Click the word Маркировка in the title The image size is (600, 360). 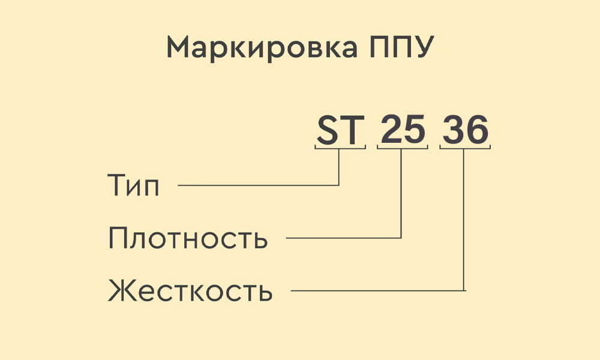coord(262,48)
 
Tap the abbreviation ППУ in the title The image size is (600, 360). coord(402,47)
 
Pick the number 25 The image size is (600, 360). coord(403,130)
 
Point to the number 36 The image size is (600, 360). coord(466,130)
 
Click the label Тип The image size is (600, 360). coord(133,185)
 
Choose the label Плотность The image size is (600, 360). coord(187,238)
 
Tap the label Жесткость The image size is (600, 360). coord(190,290)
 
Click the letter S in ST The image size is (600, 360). coord(328,130)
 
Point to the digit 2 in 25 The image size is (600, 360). coord(391,130)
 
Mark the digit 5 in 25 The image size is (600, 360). coord(415,130)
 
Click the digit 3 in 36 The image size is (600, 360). coord(454,130)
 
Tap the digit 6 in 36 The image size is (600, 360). coord(478,130)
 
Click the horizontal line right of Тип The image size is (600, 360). coord(258,185)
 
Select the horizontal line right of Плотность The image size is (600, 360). coord(344,238)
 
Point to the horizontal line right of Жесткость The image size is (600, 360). coord(379,290)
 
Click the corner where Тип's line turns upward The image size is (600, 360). coord(338,185)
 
